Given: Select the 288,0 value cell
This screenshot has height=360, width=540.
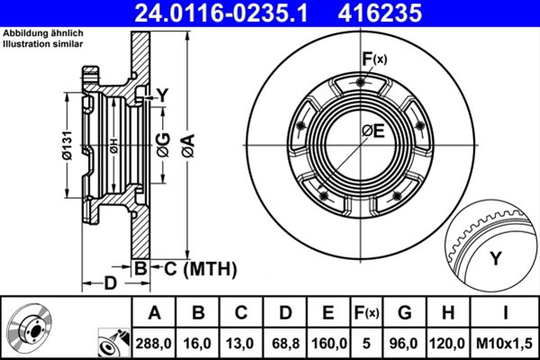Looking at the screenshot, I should click(x=154, y=343).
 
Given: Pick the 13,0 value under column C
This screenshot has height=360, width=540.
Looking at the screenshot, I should click(x=240, y=343).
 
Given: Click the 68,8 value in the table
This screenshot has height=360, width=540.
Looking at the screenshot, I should click(x=284, y=343).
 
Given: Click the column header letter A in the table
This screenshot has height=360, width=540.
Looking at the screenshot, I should click(x=154, y=312).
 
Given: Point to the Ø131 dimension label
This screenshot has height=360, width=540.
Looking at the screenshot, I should click(x=67, y=145).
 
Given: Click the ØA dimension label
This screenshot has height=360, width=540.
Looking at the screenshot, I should click(x=187, y=142).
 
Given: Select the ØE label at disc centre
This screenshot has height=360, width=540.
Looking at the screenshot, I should click(x=373, y=131).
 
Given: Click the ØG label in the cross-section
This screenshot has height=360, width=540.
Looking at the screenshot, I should click(x=163, y=142).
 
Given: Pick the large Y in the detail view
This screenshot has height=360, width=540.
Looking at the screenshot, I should click(x=494, y=260).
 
